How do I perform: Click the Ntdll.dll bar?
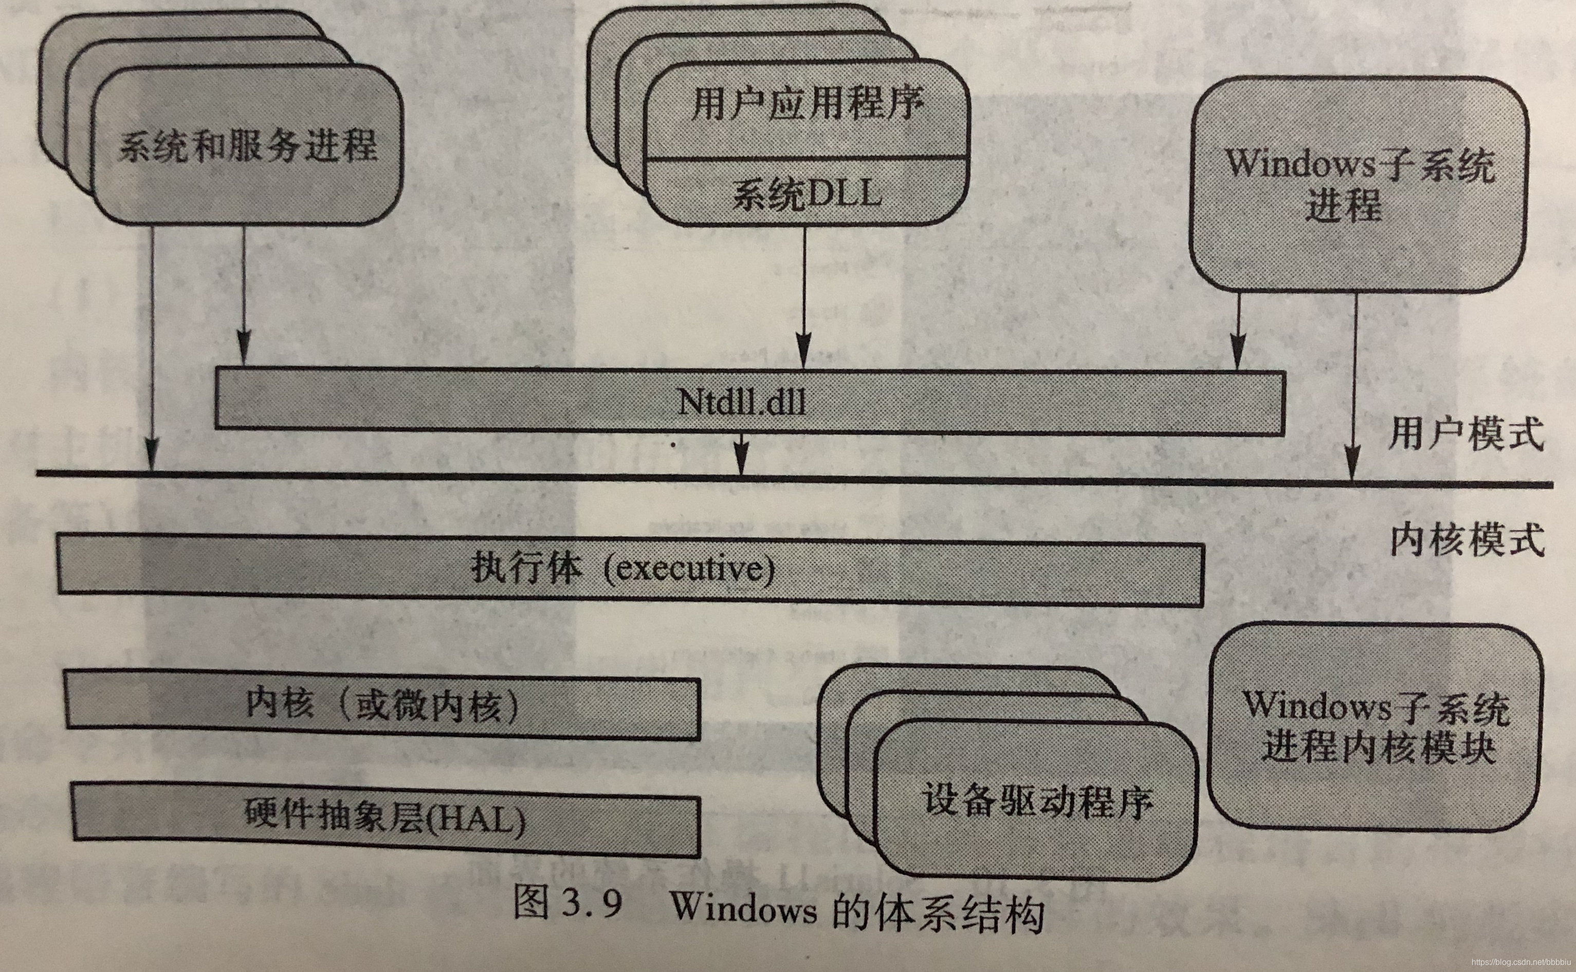pyautogui.click(x=745, y=402)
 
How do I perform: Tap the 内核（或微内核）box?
pyautogui.click(x=382, y=707)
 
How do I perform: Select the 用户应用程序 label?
pyautogui.click(x=807, y=103)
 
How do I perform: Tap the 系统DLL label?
pyautogui.click(x=807, y=193)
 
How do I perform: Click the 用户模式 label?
pyautogui.click(x=1465, y=434)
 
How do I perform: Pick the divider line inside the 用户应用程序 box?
pyautogui.click(x=807, y=157)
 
